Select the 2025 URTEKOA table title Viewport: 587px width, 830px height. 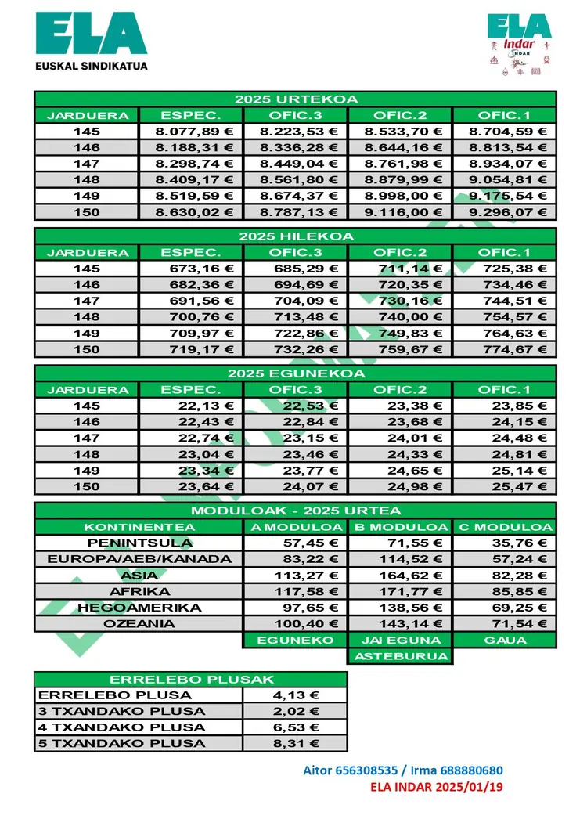(x=296, y=99)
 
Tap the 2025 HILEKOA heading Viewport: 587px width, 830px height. (x=296, y=236)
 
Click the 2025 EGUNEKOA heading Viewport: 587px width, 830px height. (x=296, y=373)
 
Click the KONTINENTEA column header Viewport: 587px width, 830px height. (x=139, y=527)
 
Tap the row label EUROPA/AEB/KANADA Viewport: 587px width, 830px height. (x=139, y=559)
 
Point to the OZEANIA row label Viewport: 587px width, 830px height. (x=139, y=624)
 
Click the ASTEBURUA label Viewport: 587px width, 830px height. (x=401, y=656)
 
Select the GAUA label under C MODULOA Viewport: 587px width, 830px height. (x=505, y=640)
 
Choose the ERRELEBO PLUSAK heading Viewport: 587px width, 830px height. (x=191, y=679)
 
